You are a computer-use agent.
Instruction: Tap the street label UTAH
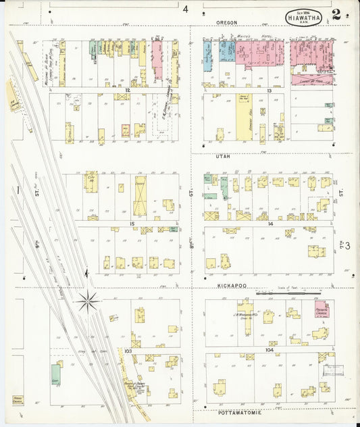coord(223,156)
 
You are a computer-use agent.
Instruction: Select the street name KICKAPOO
coord(231,286)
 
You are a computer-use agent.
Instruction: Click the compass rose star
coord(88,301)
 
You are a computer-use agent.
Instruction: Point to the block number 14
coord(270,223)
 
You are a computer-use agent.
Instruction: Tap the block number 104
coord(270,351)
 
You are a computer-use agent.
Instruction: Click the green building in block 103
coord(55,374)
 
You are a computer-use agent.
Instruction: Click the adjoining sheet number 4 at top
coord(184,9)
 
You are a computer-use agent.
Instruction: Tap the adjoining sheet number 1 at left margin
coord(16,191)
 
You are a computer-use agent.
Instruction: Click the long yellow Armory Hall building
coord(244,121)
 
